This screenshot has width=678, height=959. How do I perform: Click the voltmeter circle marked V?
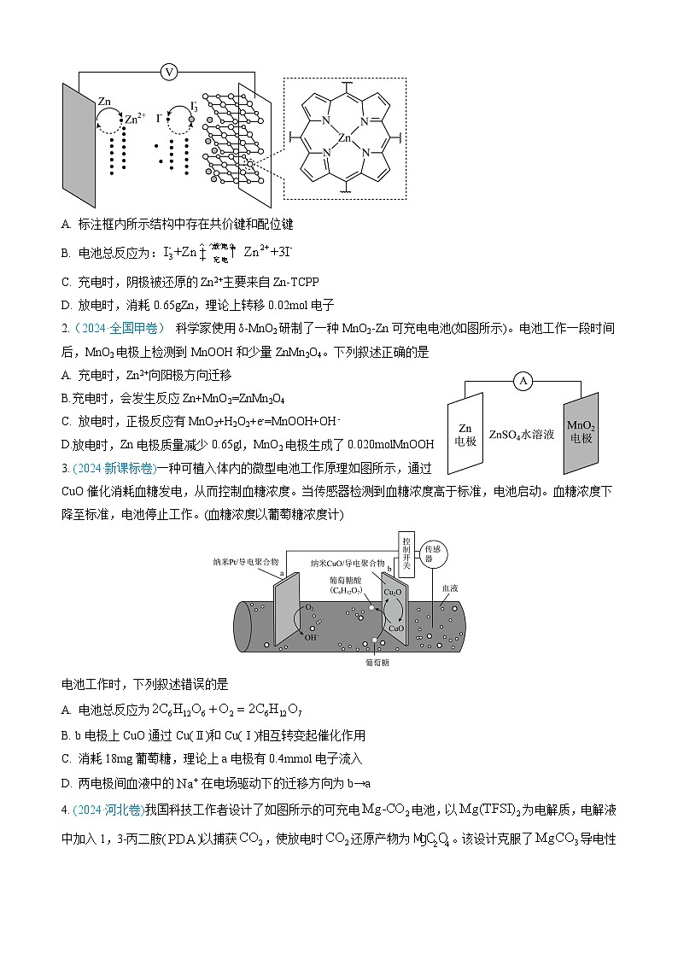coord(169,72)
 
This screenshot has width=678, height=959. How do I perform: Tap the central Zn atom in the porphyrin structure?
coord(345,137)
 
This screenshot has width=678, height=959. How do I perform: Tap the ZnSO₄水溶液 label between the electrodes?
coord(521,434)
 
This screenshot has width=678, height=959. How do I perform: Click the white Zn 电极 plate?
coord(465,434)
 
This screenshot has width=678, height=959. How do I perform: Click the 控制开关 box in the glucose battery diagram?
coord(406,546)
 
